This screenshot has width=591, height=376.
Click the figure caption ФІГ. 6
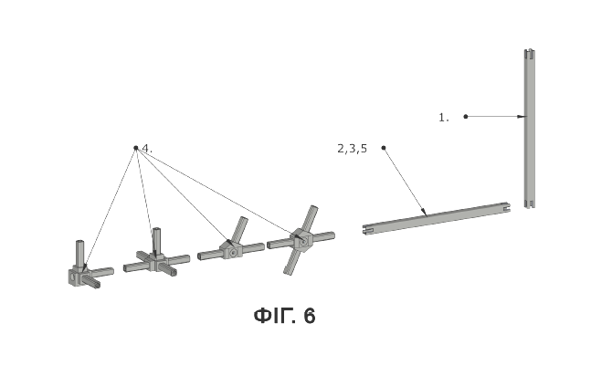point(285,316)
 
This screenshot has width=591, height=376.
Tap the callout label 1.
point(444,118)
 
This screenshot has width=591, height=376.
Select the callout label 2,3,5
point(352,149)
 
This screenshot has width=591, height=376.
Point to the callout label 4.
point(147,149)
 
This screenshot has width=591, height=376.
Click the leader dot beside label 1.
point(466,117)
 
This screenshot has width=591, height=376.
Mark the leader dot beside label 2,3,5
point(384,148)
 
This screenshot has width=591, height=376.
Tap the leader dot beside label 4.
point(136,148)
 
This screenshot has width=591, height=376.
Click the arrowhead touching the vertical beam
point(521,117)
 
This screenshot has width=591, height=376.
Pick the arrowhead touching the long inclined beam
point(425,212)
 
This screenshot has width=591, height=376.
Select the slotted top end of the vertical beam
point(530,54)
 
